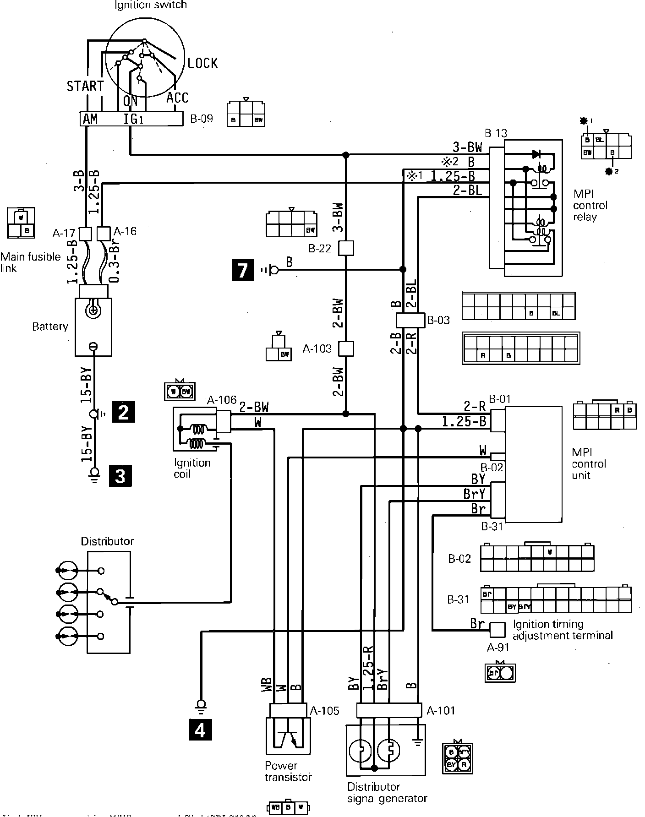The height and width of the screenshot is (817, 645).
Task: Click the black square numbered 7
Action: [243, 269]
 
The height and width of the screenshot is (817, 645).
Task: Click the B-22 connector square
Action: [346, 249]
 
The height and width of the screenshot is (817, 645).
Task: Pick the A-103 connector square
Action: [346, 349]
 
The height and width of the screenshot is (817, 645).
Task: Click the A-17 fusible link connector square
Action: [86, 234]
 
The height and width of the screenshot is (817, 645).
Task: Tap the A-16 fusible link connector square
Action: [104, 234]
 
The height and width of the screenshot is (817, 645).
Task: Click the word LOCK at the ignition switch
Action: [202, 63]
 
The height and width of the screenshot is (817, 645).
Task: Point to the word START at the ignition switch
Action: [85, 86]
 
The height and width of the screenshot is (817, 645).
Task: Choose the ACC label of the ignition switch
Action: [177, 98]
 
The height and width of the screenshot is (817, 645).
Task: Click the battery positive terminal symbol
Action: [93, 311]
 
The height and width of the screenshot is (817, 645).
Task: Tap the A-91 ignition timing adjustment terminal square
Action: [497, 630]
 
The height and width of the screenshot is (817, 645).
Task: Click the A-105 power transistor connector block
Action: [288, 710]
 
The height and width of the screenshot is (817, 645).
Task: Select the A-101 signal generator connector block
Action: [388, 710]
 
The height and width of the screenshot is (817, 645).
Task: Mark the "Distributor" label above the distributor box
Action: [107, 541]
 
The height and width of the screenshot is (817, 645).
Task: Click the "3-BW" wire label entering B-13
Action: [467, 147]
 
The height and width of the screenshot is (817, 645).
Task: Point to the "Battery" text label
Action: [50, 327]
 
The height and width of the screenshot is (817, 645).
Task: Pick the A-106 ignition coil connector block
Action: [224, 421]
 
